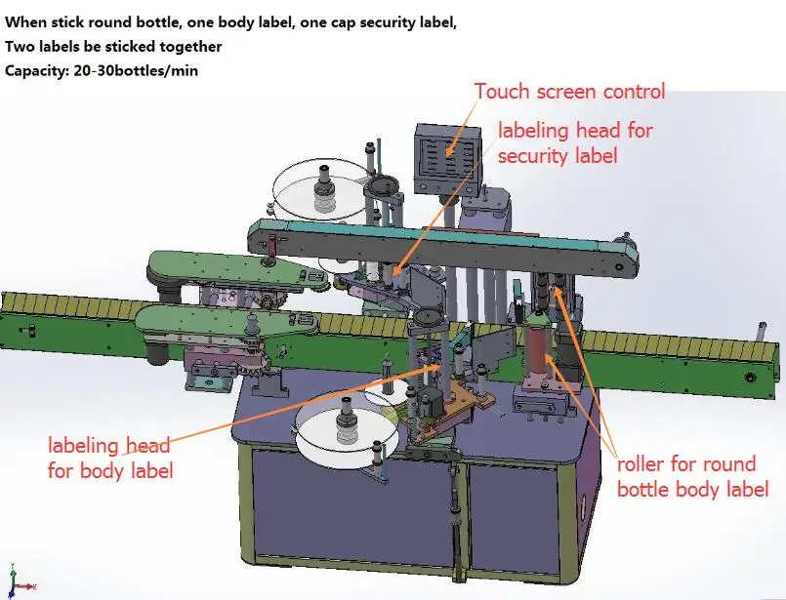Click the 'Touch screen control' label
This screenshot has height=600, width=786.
[x=569, y=92]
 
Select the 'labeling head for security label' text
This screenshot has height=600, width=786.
[x=575, y=142]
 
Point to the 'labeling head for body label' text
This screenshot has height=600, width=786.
[x=110, y=459]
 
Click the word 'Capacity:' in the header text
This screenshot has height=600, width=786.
[x=36, y=70]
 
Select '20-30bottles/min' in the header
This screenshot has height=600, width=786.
[x=136, y=70]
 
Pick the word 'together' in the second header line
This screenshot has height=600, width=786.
[x=189, y=46]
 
